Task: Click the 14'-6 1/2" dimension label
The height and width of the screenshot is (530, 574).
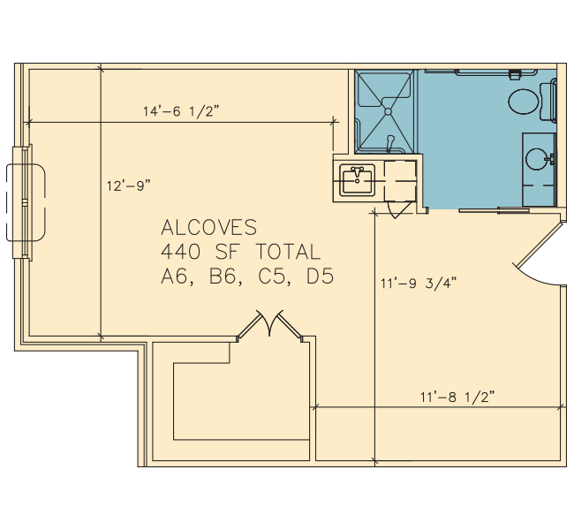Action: pos(181,111)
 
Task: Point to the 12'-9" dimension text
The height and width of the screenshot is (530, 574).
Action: pos(129,185)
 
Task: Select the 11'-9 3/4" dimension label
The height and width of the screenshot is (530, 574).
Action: pos(419,284)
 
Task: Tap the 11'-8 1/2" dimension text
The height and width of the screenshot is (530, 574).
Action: pos(457,397)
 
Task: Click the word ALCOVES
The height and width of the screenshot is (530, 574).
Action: pos(209,227)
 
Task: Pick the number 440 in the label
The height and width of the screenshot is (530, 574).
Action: pos(181,252)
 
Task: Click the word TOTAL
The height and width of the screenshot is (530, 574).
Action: pos(288,252)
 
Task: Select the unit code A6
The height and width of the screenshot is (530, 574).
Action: pos(177,276)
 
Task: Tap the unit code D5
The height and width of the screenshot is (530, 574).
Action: pos(320,276)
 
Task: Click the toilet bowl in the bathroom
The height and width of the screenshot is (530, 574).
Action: pos(524,101)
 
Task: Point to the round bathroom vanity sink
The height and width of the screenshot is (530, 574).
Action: pos(537,159)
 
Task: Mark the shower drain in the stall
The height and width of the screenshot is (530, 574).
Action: pos(388,111)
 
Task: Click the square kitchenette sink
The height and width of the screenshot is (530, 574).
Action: pos(357,180)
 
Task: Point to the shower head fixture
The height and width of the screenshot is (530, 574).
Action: pos(390,143)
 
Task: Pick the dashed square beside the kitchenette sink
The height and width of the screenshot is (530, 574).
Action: pos(400,181)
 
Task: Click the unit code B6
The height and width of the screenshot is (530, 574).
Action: pos(225,276)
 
